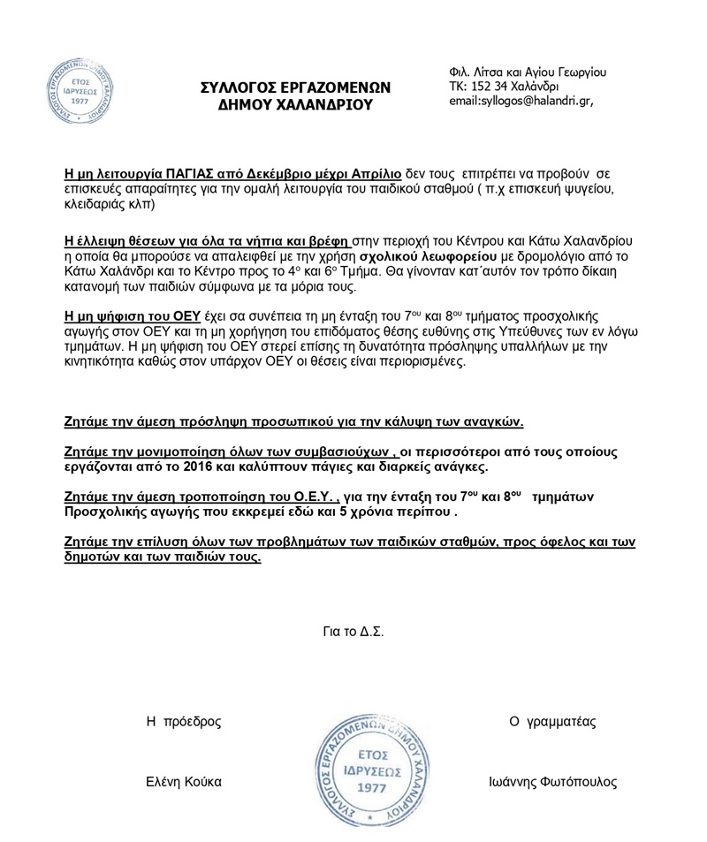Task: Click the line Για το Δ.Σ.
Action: [x=353, y=632]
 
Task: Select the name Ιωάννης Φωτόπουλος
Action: [x=552, y=782]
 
